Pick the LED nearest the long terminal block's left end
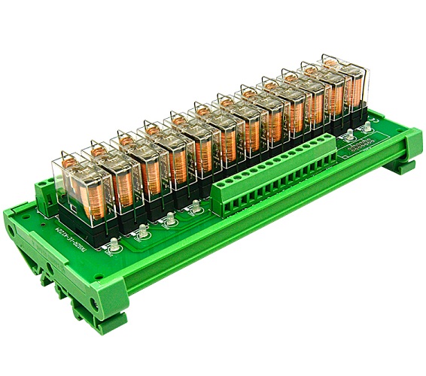195,205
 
